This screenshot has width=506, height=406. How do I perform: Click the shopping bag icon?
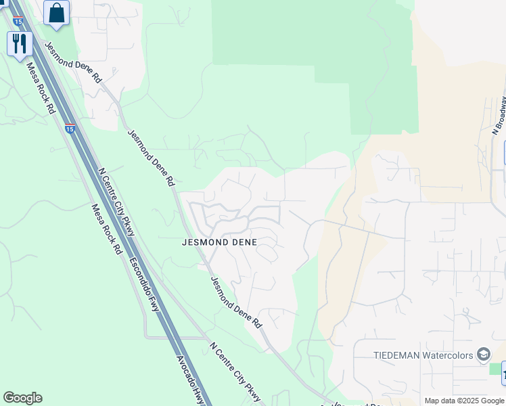pyautogui.click(x=57, y=13)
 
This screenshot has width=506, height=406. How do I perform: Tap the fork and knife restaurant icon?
pyautogui.click(x=20, y=44)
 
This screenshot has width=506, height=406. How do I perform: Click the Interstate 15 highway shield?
pyautogui.click(x=70, y=127)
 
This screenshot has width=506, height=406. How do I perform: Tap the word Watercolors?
pyautogui.click(x=448, y=355)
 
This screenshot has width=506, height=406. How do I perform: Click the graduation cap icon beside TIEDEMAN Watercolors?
pyautogui.click(x=484, y=354)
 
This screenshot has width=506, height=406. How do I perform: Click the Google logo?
pyautogui.click(x=22, y=398)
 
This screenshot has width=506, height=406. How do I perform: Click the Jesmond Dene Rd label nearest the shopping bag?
pyautogui.click(x=72, y=63)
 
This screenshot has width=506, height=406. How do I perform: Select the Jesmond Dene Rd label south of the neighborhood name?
pyautogui.click(x=235, y=302)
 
